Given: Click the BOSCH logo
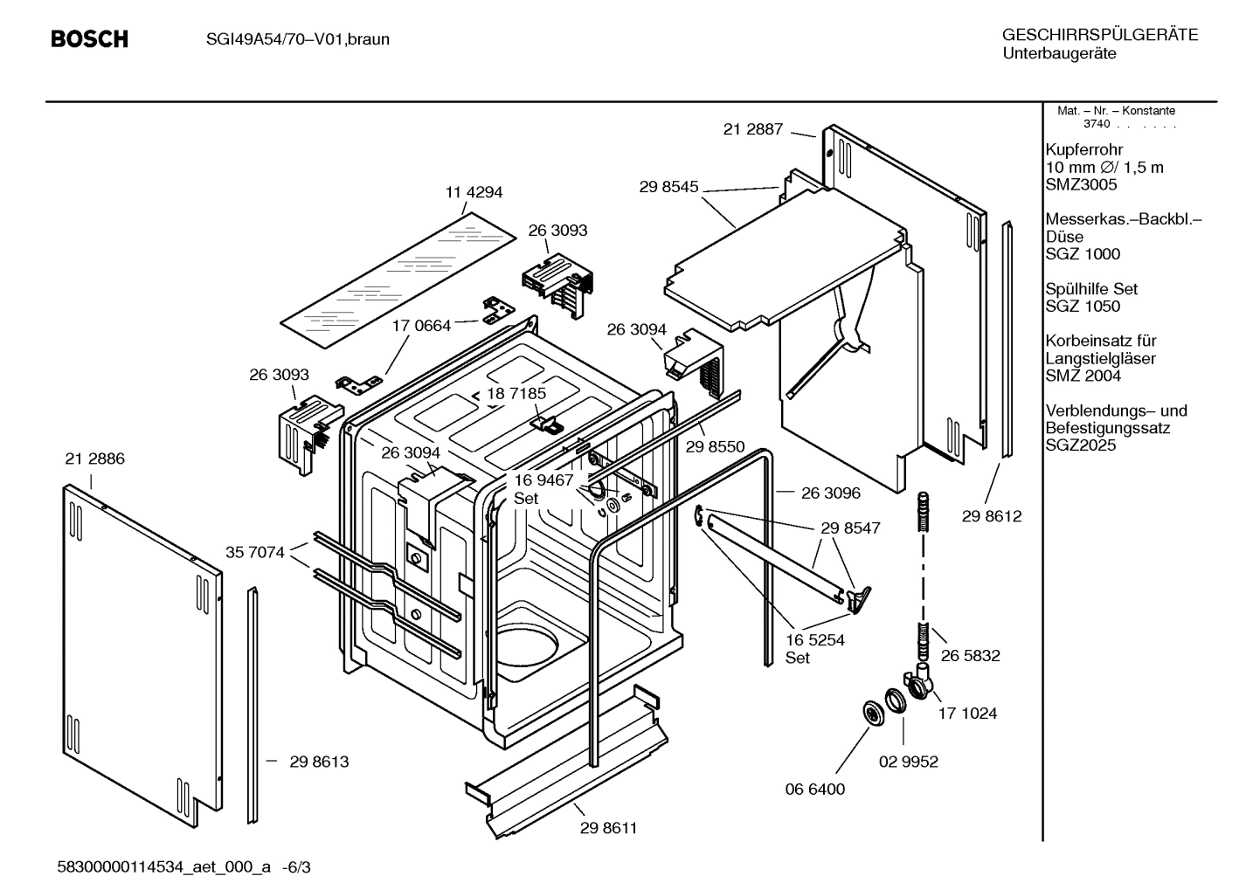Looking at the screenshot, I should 89,39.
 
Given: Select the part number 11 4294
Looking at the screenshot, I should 474,192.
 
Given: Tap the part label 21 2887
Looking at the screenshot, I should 752,129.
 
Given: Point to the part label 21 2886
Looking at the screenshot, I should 94,459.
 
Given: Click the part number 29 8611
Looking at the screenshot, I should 608,828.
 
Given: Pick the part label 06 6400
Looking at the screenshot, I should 814,789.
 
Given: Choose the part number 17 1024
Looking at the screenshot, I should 967,714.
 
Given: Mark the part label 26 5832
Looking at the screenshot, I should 970,655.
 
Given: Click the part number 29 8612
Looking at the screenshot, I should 992,516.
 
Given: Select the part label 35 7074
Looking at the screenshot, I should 254,552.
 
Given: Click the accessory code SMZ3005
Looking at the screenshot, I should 1081,184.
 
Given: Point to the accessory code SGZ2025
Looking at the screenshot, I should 1081,445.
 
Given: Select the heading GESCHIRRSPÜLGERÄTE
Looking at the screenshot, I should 1099,35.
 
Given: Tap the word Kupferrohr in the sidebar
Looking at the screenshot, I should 1083,149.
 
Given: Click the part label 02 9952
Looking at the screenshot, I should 908,762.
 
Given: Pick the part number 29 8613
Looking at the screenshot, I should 319,762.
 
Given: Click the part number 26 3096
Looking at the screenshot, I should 830,493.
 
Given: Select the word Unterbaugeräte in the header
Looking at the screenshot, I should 1058,53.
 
